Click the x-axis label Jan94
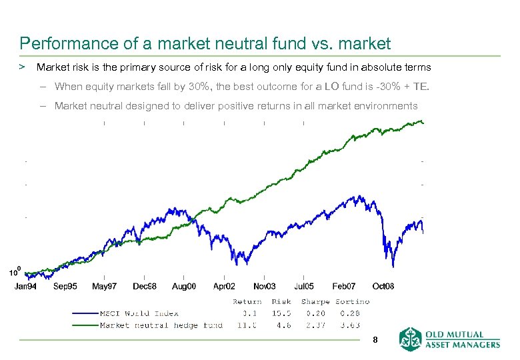[27, 286]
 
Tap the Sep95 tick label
[65, 286]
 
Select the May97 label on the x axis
[104, 286]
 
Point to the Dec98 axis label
[144, 286]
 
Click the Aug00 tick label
[184, 286]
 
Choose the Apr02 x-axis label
[224, 286]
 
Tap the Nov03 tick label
[264, 286]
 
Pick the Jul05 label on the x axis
[303, 286]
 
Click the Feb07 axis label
[344, 286]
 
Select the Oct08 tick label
[383, 286]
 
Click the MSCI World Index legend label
[139, 313]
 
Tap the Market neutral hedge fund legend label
[161, 325]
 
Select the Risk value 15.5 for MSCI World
[281, 313]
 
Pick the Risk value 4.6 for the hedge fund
[283, 325]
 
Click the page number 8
[375, 340]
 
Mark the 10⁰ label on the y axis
[14, 272]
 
